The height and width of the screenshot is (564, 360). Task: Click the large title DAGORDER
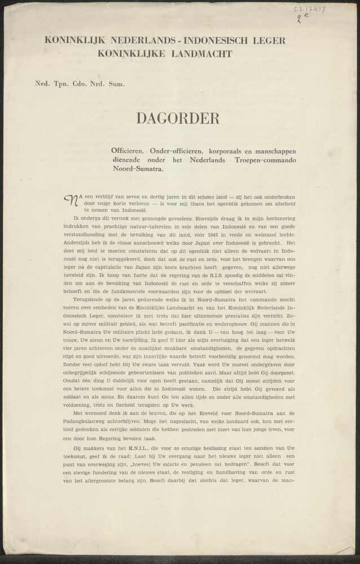point(177,118)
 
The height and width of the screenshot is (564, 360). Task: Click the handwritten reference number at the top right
point(309,10)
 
